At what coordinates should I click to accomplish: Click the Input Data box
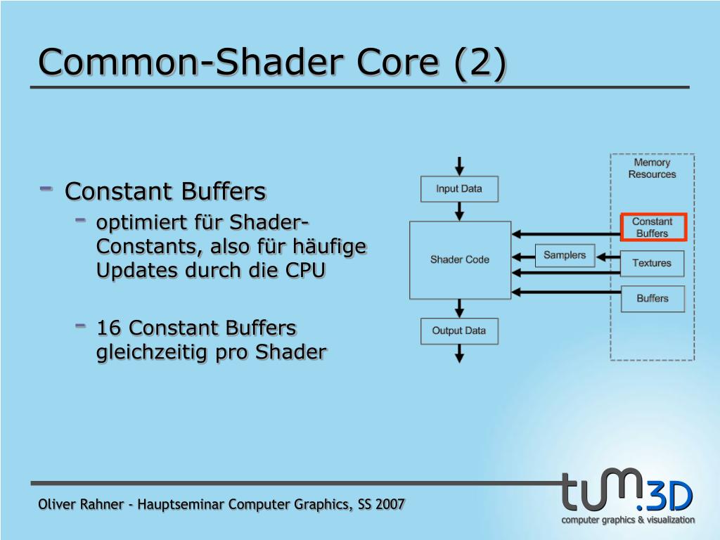coord(459,188)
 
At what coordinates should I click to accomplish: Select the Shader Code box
coord(460,259)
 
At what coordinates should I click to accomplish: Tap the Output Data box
coord(459,331)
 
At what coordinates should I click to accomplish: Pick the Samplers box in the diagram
coord(565,255)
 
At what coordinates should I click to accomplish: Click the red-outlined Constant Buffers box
coord(652,227)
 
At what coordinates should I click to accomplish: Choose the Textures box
coord(652,263)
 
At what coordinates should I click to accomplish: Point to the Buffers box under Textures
coord(652,299)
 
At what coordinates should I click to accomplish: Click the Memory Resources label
coord(652,169)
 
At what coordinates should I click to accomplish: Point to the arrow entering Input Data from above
coord(460,166)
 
